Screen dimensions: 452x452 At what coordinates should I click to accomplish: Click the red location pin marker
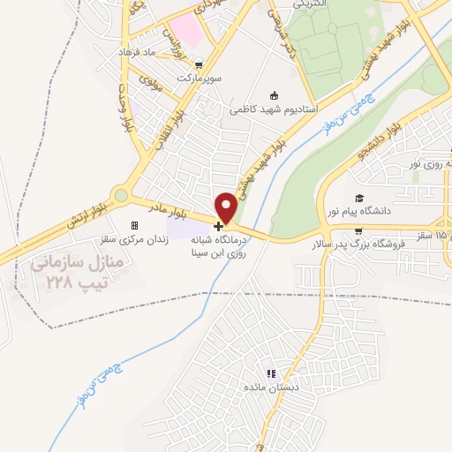coord(227,206)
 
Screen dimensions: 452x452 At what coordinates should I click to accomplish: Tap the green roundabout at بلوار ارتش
coord(121,196)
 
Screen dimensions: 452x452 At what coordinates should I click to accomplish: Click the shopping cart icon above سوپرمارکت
coord(200,64)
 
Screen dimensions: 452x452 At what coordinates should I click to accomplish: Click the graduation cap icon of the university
coord(359,198)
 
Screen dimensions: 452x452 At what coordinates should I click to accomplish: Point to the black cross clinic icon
coord(219,226)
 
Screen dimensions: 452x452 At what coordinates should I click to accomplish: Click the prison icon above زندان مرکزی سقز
coord(134,225)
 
